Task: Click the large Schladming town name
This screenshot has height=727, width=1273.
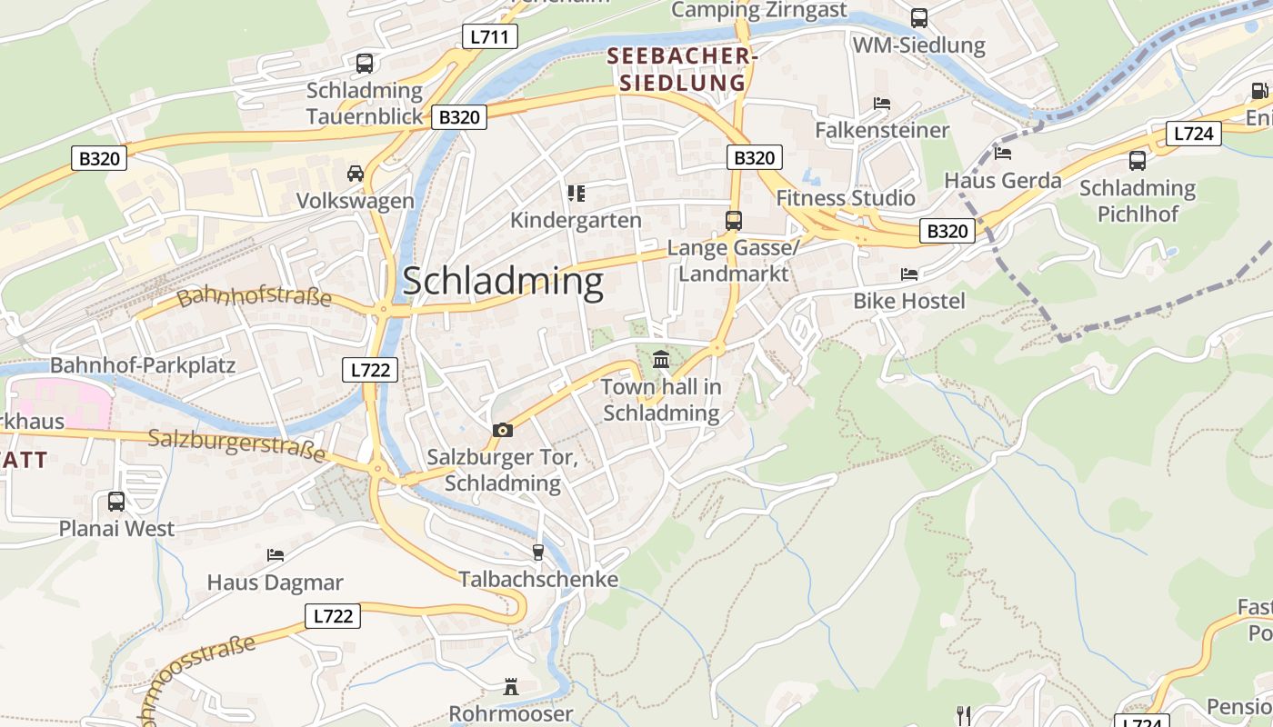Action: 503,282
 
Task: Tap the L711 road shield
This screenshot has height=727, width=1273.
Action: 490,36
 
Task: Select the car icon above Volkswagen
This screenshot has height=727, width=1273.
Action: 356,173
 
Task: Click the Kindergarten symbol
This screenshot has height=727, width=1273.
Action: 576,193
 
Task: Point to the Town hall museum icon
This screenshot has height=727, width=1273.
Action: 661,360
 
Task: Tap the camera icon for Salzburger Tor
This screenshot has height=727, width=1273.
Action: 502,430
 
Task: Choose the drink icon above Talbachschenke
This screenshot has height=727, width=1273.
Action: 537,552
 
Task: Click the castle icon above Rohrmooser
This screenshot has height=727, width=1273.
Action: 511,687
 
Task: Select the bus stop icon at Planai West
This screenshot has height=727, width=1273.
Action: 116,501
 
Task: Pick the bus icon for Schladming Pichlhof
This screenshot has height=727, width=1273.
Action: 1137,161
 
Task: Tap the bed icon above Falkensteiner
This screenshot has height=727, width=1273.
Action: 881,104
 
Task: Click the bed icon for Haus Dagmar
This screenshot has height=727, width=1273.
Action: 276,554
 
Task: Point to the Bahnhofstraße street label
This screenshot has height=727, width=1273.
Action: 254,297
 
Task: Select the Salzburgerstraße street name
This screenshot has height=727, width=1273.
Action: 236,445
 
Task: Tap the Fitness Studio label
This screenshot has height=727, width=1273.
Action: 846,198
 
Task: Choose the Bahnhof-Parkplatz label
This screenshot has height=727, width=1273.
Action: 143,365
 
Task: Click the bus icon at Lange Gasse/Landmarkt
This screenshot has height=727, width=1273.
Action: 733,220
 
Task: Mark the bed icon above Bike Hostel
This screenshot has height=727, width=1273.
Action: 909,274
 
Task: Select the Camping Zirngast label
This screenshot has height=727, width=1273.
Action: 759,10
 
